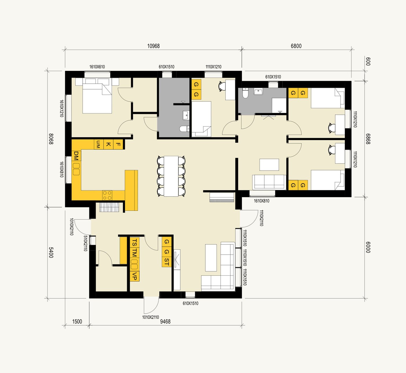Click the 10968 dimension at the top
coord(153,46)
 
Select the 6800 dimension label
coord(296,46)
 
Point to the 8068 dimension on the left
coord(51,139)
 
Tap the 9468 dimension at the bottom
coord(165,321)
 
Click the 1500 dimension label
coord(77,321)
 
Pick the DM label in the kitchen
coord(76,156)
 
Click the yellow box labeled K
coord(108,144)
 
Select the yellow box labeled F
coord(118,144)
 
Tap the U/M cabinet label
coord(98,144)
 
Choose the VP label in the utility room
coord(134,276)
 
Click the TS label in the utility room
coord(134,242)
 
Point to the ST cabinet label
coord(167,262)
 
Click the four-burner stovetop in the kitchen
coord(107,195)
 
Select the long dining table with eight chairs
coord(171,176)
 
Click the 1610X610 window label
coord(97,67)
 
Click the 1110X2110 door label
coord(261,218)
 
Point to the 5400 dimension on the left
coord(51,252)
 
